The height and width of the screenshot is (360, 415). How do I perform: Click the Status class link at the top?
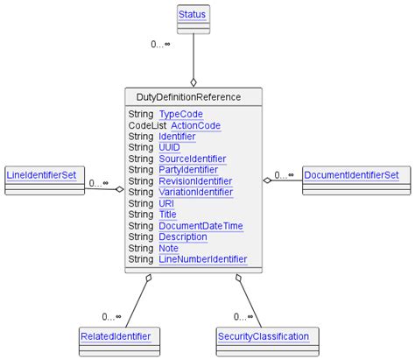pyautogui.click(x=193, y=15)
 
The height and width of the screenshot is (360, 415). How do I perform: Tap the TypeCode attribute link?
pyautogui.click(x=180, y=115)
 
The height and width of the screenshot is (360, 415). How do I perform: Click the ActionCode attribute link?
pyautogui.click(x=195, y=125)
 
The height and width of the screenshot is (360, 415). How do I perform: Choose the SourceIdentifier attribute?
pyautogui.click(x=192, y=159)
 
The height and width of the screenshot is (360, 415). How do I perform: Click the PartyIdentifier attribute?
pyautogui.click(x=188, y=170)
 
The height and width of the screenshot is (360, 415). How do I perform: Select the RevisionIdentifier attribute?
pyautogui.click(x=195, y=181)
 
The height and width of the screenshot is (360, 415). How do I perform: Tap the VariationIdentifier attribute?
pyautogui.click(x=195, y=192)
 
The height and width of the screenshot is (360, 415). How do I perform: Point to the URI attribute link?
pyautogui.click(x=166, y=203)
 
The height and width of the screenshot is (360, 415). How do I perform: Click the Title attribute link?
pyautogui.click(x=167, y=215)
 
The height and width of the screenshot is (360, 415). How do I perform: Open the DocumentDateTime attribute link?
pyautogui.click(x=200, y=226)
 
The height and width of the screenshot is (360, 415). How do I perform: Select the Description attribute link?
pyautogui.click(x=182, y=236)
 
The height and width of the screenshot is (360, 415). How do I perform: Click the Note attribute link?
pyautogui.click(x=168, y=248)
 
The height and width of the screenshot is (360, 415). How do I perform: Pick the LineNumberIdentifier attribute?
pyautogui.click(x=202, y=259)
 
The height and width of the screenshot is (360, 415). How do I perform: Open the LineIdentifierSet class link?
pyautogui.click(x=42, y=175)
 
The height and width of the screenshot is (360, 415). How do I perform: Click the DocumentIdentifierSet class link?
pyautogui.click(x=350, y=175)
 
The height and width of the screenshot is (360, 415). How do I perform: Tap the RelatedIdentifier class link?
pyautogui.click(x=115, y=335)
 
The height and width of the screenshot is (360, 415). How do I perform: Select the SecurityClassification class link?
pyautogui.click(x=263, y=335)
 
